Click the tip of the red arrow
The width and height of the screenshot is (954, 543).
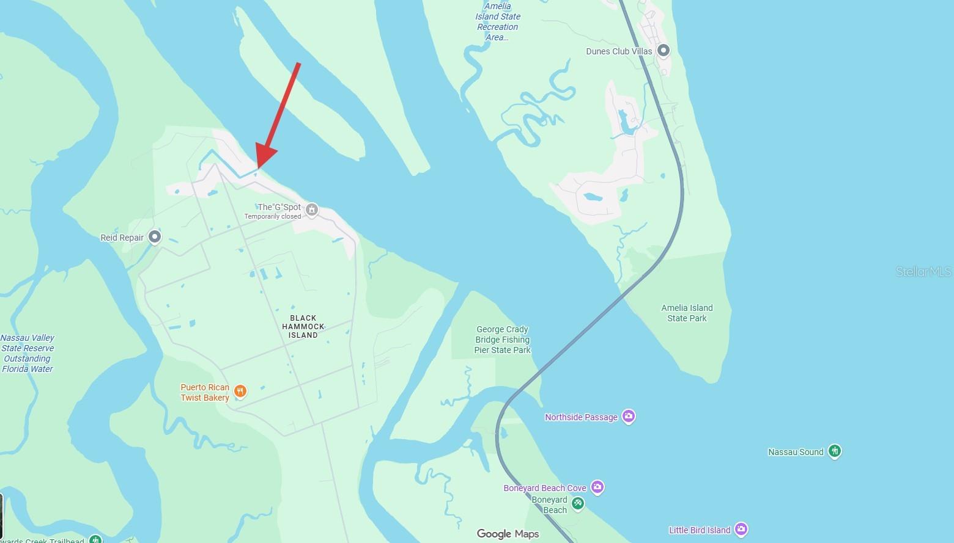(x=258, y=167)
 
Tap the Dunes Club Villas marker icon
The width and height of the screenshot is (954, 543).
(x=663, y=51)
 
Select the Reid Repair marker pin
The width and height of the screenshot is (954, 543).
(x=155, y=237)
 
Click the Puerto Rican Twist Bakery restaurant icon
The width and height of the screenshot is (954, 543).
(x=240, y=392)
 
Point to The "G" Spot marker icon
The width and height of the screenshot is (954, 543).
(x=312, y=210)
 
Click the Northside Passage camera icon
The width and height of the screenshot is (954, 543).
(x=628, y=417)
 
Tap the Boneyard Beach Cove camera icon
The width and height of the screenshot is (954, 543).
(x=597, y=487)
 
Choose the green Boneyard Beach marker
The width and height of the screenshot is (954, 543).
(x=577, y=504)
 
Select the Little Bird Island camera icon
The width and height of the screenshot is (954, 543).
(x=741, y=529)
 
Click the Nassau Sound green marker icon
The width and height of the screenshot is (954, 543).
(x=835, y=451)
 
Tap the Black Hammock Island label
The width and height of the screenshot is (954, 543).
(x=303, y=326)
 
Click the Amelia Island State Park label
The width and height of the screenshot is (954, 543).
(x=687, y=313)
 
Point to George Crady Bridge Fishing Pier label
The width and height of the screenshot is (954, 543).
(x=503, y=340)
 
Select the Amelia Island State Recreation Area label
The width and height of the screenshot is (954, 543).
(x=497, y=22)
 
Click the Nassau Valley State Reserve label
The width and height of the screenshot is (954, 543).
(x=28, y=353)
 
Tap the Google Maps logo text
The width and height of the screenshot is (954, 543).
(x=508, y=534)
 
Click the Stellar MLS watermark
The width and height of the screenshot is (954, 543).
(x=923, y=271)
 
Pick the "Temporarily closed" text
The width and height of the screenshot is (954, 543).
(x=273, y=216)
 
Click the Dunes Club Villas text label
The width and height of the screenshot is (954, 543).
(x=619, y=51)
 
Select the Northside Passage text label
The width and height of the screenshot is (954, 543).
(x=581, y=417)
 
